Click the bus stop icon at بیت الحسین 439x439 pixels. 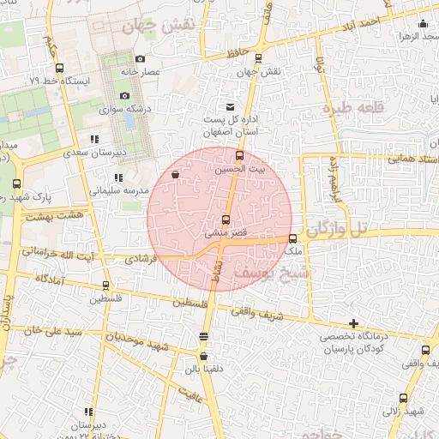239,156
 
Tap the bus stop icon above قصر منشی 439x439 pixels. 226,219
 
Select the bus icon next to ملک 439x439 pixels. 293,239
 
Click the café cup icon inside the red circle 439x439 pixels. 176,175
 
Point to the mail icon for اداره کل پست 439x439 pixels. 230,106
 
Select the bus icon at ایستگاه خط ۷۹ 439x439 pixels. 59,68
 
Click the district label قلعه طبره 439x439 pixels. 349,110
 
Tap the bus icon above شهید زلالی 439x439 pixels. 403,398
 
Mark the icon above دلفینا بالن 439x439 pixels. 204,356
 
